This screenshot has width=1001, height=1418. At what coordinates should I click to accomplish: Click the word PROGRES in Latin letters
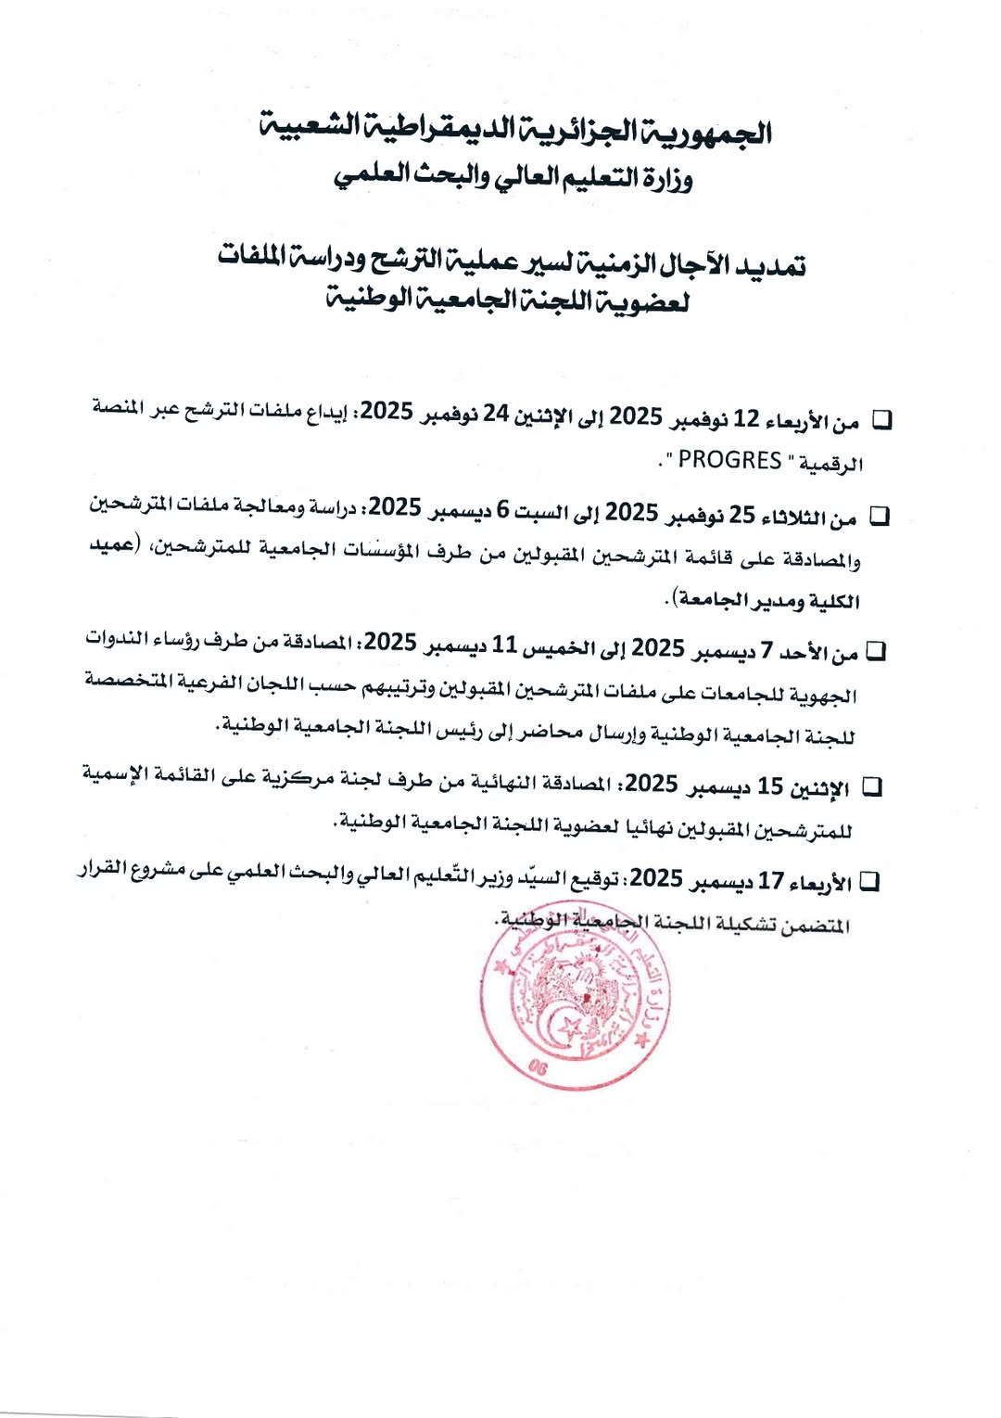(x=729, y=461)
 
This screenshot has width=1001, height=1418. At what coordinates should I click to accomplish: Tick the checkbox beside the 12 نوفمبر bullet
(x=882, y=420)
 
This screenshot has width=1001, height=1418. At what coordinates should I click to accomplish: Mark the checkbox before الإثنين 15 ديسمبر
(x=871, y=787)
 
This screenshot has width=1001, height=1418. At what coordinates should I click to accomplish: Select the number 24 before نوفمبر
(x=496, y=414)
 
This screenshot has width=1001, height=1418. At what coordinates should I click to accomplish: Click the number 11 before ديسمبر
(x=504, y=644)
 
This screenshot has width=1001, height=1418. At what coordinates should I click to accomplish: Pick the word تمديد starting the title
(x=768, y=266)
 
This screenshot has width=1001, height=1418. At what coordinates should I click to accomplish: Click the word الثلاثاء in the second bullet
(x=798, y=517)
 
